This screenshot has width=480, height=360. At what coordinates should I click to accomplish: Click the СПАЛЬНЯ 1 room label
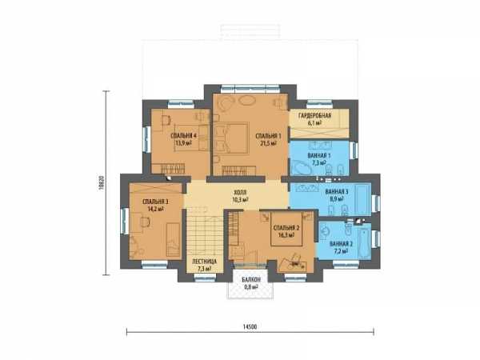(268, 136)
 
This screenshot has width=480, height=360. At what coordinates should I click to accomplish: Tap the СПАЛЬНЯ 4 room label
(183, 136)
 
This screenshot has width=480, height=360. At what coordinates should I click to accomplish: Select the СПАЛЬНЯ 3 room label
(155, 202)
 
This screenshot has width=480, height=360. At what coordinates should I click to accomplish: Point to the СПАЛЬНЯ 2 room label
(286, 228)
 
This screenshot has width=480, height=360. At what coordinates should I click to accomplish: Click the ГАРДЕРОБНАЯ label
(314, 115)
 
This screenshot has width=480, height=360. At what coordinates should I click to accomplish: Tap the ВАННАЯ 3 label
(337, 192)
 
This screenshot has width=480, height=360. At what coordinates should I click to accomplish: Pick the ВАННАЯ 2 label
(341, 244)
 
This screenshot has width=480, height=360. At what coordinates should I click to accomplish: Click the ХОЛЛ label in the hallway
(240, 193)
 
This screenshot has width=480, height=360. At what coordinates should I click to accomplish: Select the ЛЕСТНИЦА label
(204, 262)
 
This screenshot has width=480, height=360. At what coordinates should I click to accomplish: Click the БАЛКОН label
(251, 280)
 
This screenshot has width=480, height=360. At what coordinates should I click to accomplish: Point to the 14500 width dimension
(250, 326)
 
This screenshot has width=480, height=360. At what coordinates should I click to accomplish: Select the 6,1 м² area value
(314, 123)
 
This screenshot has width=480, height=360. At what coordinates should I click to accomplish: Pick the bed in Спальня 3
(174, 239)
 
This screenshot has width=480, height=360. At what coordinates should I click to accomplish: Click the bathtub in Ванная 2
(364, 241)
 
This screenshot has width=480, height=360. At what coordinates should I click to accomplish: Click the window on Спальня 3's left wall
(124, 221)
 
